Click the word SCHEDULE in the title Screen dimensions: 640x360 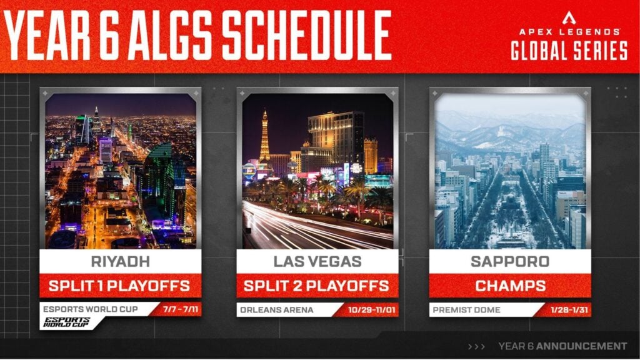306,36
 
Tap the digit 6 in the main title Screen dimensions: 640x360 109,36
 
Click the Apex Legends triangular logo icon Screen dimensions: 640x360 569,18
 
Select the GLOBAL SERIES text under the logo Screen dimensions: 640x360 569,51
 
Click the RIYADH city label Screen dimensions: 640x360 121,262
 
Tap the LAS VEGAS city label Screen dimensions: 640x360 317,262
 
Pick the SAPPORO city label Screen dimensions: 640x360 510,262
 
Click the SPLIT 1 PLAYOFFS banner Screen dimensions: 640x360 121,286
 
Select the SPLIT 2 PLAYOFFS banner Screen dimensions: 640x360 317,286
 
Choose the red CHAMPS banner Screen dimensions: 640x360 510,286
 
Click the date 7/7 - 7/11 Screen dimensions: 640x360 181,309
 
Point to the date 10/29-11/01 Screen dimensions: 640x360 371,310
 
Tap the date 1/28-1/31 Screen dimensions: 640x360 569,310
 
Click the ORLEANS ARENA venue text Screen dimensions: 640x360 277,310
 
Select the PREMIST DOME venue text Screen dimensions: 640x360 466,310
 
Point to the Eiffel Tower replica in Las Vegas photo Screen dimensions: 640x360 264,137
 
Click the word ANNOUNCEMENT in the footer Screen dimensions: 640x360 582,346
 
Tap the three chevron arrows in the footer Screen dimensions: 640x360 476,346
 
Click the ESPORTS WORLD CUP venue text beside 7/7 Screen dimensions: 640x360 91,309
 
